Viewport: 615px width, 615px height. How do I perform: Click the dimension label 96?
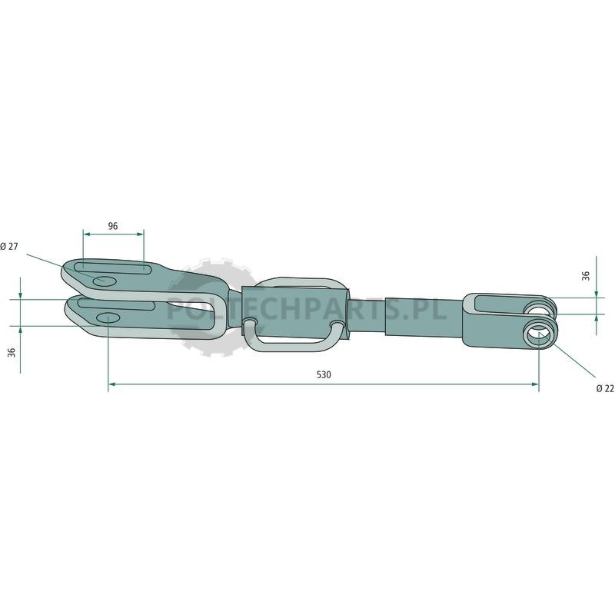(x=112, y=226)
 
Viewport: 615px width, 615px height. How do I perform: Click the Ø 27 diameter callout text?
(x=9, y=246)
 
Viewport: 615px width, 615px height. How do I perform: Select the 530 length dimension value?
(x=324, y=374)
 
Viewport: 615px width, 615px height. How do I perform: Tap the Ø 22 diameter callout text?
(x=605, y=388)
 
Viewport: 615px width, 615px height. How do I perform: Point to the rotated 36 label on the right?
(x=586, y=276)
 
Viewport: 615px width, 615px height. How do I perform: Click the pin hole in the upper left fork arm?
(x=105, y=281)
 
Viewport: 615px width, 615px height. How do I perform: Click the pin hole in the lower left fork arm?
(x=108, y=317)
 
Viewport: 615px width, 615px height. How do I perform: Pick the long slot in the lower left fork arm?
(x=116, y=304)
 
